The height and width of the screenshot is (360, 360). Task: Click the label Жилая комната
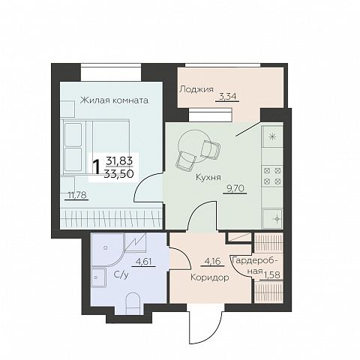tap(114, 100)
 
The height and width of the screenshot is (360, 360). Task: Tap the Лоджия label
tap(196, 89)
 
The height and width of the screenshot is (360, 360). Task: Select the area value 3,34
tap(227, 96)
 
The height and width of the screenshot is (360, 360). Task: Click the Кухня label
tap(208, 178)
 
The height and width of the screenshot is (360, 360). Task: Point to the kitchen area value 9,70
tap(235, 188)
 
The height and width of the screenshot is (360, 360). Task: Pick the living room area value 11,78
tap(76, 194)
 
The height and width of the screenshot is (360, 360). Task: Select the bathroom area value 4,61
tap(143, 262)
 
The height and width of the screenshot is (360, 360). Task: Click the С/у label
tap(121, 275)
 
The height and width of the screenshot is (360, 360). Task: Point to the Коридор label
tap(210, 277)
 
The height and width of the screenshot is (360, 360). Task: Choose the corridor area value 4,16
tap(212, 262)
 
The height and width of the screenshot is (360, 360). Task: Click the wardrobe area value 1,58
tap(272, 275)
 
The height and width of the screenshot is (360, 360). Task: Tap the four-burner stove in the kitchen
tap(272, 175)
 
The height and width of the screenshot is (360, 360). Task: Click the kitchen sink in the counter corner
tap(272, 219)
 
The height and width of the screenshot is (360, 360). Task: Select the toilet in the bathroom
tap(132, 303)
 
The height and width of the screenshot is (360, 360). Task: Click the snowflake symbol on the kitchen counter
tap(272, 136)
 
